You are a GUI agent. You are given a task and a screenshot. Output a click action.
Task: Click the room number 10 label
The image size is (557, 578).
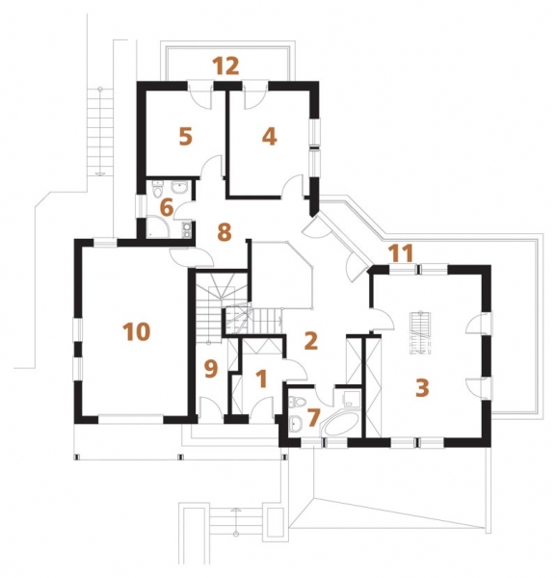137,331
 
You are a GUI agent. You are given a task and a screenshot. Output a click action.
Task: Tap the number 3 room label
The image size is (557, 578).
422,388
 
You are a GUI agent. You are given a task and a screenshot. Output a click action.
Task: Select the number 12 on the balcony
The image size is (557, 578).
225,66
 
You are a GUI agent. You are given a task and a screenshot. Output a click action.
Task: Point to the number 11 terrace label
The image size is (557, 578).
402,253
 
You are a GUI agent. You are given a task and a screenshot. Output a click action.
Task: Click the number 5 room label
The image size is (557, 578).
185,137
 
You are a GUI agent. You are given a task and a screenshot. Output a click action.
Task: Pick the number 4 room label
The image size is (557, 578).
270,137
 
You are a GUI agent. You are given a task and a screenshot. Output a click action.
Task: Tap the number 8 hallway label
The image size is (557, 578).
225,232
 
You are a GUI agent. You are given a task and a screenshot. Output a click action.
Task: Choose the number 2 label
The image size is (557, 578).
310,341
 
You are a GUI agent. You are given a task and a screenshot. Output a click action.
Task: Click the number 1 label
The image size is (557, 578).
262,379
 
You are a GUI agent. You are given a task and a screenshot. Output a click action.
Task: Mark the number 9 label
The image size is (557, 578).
210,369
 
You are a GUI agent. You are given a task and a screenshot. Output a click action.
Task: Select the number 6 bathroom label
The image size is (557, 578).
167,208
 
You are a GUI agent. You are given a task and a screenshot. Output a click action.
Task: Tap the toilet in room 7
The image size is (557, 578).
297,401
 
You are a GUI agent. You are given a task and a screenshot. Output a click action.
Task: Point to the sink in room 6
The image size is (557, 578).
179,187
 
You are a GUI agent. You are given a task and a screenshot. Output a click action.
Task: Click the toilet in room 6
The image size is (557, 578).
158,189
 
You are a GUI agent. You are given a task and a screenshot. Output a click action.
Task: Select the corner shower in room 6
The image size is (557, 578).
158,226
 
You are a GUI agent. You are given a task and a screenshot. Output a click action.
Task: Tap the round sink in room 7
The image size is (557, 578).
296,424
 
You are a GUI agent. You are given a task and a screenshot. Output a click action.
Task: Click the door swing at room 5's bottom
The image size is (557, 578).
211,165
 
